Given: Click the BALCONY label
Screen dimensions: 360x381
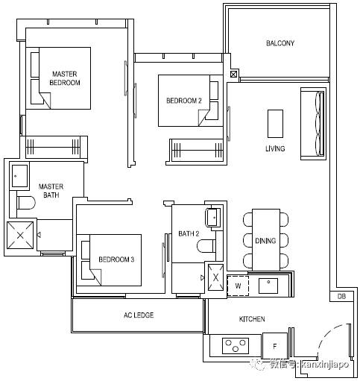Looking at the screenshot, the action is tap(280, 43).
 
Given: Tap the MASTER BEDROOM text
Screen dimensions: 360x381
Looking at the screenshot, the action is tap(65, 78).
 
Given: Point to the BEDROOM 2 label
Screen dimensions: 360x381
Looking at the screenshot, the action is tap(184, 101).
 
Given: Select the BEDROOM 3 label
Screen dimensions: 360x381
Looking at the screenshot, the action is tap(116, 259).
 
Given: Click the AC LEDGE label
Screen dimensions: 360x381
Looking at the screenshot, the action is tap(139, 315).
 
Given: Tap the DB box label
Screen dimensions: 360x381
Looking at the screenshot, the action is tap(341, 296).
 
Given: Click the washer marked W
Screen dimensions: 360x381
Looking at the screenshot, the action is tap(238, 286).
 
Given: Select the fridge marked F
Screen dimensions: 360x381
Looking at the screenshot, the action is tap(274, 346).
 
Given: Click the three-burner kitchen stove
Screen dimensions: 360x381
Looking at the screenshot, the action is tap(236, 346).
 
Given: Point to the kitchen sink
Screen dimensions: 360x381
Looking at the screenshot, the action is tap(268, 286).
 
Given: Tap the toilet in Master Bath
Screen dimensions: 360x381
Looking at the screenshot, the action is tap(26, 203).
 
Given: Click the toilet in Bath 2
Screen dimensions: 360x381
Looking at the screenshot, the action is tap(206, 246).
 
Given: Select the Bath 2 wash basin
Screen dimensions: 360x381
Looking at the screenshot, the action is tap(213, 217).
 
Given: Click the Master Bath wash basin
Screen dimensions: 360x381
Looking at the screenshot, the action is tap(19, 176).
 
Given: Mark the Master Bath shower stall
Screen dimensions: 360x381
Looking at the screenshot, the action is tap(20, 235).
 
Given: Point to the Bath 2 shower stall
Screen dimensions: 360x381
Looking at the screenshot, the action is tap(215, 277).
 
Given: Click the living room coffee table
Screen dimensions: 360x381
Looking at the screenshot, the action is tap(275, 124).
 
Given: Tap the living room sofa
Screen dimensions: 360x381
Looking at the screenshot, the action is tap(313, 124).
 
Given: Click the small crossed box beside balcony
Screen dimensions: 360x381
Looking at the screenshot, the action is tap(233, 74).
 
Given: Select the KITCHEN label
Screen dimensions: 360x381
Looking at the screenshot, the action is tap(252, 319).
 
